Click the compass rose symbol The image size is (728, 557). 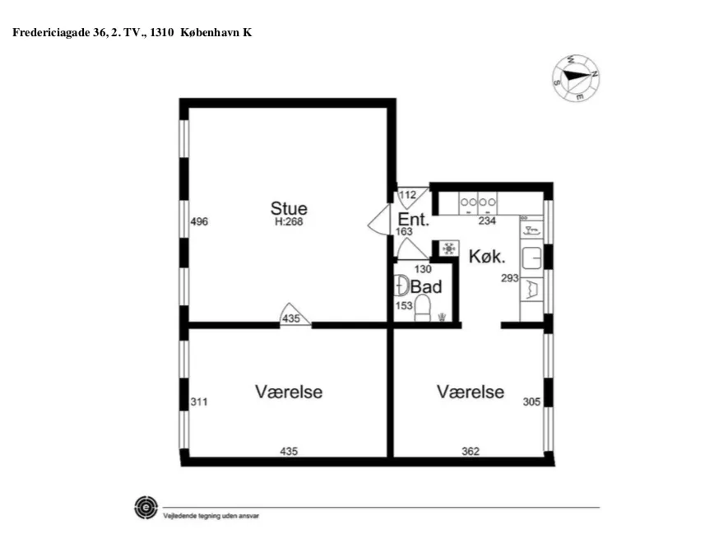coord(576,77)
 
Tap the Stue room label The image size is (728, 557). coord(289,208)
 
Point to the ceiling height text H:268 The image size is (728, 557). coord(289,221)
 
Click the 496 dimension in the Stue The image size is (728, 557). coord(198,222)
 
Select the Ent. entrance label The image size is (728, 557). coord(413,220)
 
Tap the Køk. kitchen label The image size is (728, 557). coord(486,256)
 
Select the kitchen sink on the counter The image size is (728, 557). coord(531,258)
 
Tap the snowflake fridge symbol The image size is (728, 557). coord(449,248)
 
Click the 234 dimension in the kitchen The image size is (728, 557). coord(488,220)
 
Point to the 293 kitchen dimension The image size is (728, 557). coord(510,279)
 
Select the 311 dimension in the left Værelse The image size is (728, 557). coord(198,402)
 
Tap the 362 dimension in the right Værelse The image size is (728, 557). coord(470,451)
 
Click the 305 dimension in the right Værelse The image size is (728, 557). coord(531,402)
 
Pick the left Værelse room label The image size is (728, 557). coord(289,392)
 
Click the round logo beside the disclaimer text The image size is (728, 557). coord(146,507)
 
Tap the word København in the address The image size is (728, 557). coord(211,32)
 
